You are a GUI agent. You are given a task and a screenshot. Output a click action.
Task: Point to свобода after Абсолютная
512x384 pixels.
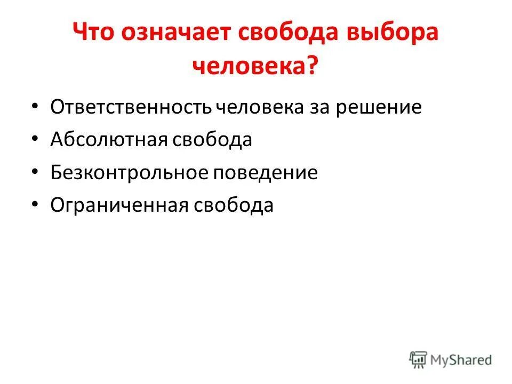tap(212, 140)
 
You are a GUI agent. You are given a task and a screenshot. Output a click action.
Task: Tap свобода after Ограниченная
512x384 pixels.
tap(233, 205)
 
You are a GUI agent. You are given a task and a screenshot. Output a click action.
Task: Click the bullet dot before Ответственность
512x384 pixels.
tap(35, 107)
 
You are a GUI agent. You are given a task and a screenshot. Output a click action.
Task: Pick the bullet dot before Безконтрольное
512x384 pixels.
tap(35, 172)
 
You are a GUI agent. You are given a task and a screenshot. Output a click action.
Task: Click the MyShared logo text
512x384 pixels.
tap(462, 359)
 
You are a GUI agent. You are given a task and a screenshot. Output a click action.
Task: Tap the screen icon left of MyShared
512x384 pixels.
tap(419, 359)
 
